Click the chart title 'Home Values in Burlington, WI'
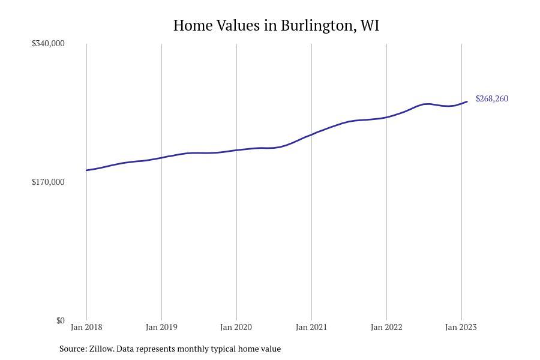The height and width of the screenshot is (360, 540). tap(276, 26)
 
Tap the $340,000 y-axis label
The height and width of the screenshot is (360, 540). tap(48, 43)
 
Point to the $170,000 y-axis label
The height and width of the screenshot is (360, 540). tap(48, 182)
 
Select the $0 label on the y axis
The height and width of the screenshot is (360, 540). tap(60, 320)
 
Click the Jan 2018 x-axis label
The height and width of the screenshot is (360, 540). tap(86, 327)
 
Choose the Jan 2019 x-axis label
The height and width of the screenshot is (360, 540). tap(161, 327)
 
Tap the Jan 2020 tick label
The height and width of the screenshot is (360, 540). tap(236, 327)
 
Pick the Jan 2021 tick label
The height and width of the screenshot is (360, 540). tap(311, 327)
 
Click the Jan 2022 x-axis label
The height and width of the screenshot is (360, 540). tap(386, 327)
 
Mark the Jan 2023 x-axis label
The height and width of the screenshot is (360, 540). tap(461, 327)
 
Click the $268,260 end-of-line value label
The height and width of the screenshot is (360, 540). tap(492, 98)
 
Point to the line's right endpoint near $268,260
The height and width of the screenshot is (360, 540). tap(467, 102)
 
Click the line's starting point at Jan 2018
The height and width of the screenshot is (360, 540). tap(87, 170)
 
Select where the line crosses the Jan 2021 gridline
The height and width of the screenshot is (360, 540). tap(311, 134)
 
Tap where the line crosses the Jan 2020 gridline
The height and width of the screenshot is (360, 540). tap(236, 150)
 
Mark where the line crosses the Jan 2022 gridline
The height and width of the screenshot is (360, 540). tap(386, 117)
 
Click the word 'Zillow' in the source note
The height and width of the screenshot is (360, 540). tap(101, 349)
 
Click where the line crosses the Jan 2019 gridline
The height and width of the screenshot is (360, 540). tap(161, 158)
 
